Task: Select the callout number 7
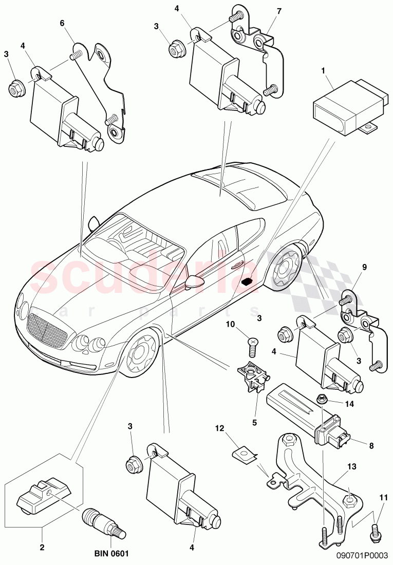coord(279,11)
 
